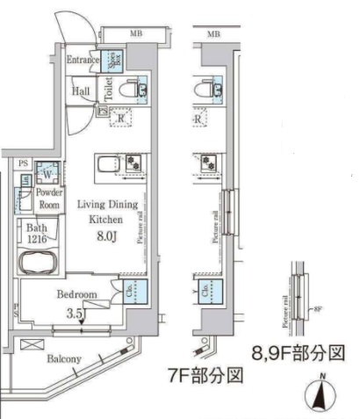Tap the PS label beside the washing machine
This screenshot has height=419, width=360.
point(24,163)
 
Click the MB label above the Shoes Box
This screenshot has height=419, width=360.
point(136,34)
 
